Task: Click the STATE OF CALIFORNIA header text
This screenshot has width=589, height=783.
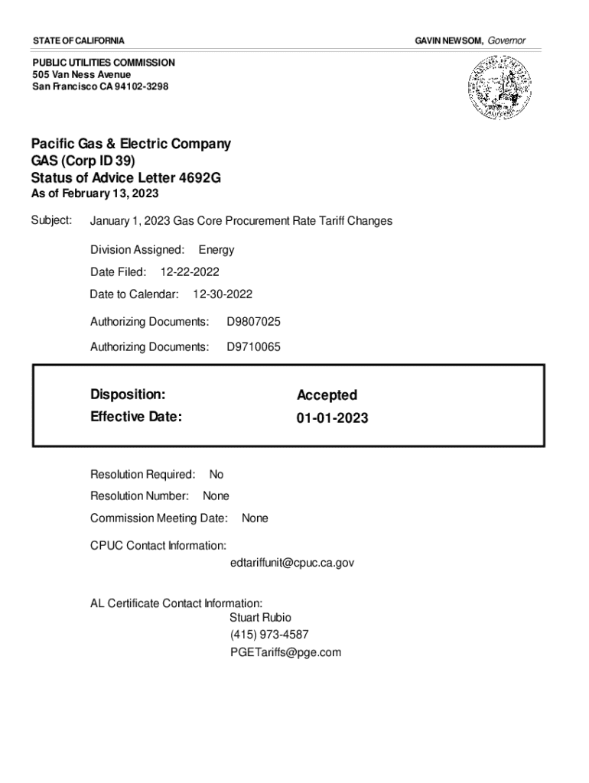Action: point(78,40)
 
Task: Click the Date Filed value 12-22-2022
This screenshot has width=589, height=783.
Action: point(190,271)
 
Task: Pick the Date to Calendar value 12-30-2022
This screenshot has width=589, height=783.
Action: point(223,294)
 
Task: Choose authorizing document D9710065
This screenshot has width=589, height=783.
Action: point(253,347)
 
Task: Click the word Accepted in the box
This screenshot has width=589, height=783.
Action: point(327,395)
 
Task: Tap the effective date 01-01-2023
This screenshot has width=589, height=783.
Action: point(332,418)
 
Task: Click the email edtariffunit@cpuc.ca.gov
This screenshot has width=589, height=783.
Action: point(291,563)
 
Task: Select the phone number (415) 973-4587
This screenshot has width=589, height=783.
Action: point(269,635)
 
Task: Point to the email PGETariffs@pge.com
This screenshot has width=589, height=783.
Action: point(285,652)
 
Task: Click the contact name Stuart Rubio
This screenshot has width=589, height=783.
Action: point(260,617)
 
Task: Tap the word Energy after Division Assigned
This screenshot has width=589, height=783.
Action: point(216,249)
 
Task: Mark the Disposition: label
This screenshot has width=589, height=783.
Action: point(128,395)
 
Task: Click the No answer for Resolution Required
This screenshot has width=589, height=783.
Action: point(216,475)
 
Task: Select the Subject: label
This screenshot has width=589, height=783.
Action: point(51,220)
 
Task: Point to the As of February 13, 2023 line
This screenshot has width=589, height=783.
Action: point(95,194)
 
